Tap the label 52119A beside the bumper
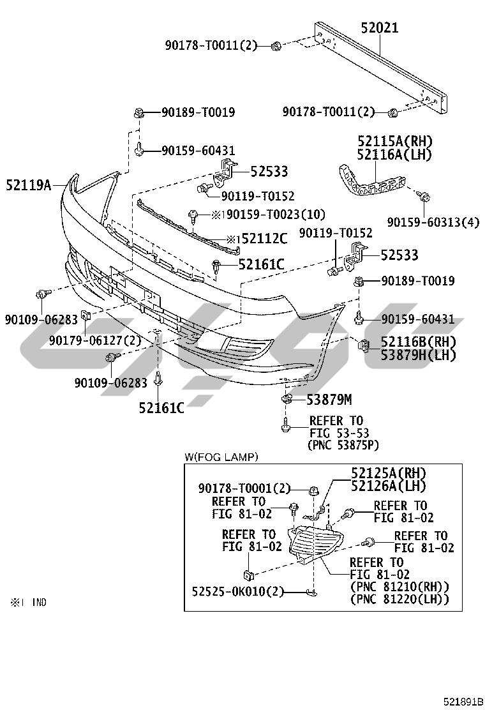pyautogui.click(x=28, y=186)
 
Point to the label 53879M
pyautogui.click(x=329, y=400)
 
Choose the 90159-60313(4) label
pyautogui.click(x=433, y=222)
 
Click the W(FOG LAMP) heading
pyautogui.click(x=221, y=456)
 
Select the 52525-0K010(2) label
pyautogui.click(x=237, y=591)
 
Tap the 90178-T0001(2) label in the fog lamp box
pyautogui.click(x=244, y=489)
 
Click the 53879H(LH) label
pyautogui.click(x=419, y=356)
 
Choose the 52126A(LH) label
pyautogui.click(x=388, y=486)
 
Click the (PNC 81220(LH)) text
pyautogui.click(x=399, y=599)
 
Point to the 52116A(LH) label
pyautogui.click(x=394, y=155)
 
